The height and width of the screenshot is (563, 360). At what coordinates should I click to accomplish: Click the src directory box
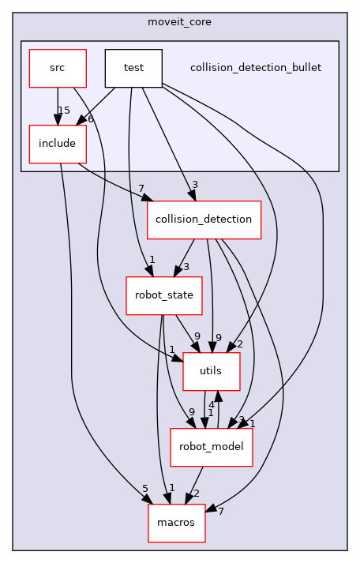(x=57, y=68)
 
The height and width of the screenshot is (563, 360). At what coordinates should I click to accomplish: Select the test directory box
(x=133, y=68)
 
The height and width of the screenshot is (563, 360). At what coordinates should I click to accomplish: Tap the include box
(x=57, y=144)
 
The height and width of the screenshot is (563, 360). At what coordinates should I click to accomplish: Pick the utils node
(x=200, y=371)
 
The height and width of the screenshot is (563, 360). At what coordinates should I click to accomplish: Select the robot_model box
(x=212, y=447)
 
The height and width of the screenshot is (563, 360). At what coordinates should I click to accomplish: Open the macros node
(x=177, y=523)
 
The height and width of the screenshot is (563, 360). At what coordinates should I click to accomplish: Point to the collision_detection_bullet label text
(x=256, y=68)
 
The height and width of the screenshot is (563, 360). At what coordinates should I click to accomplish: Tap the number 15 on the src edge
(x=64, y=110)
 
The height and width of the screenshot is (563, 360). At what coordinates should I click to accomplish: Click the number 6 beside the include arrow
(x=91, y=118)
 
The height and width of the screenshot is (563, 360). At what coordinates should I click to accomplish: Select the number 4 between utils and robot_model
(x=212, y=405)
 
